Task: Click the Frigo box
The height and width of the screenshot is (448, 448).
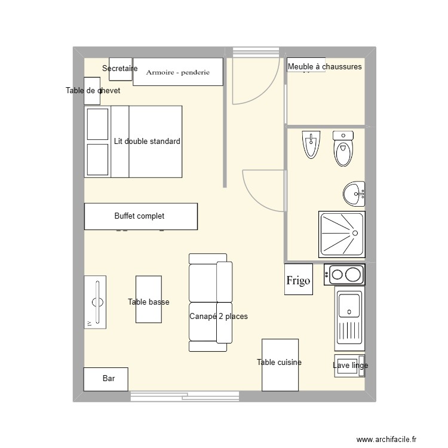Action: click(298, 280)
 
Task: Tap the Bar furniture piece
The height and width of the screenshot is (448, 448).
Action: click(106, 379)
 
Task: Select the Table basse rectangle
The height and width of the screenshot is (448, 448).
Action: click(149, 299)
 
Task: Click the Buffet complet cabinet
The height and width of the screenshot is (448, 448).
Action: click(140, 216)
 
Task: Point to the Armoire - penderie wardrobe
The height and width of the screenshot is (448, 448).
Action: click(178, 72)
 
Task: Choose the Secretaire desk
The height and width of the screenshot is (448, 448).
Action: click(121, 69)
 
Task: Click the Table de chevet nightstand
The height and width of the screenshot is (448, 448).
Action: click(92, 91)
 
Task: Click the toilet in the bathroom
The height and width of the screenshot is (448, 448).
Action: click(343, 149)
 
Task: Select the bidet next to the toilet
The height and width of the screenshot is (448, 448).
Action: click(311, 145)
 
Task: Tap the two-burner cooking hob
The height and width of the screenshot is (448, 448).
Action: click(345, 275)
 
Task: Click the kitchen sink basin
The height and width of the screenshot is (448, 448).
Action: click(349, 305)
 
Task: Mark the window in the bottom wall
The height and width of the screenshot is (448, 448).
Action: click(185, 395)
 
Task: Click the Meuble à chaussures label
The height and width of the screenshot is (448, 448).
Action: click(325, 67)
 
